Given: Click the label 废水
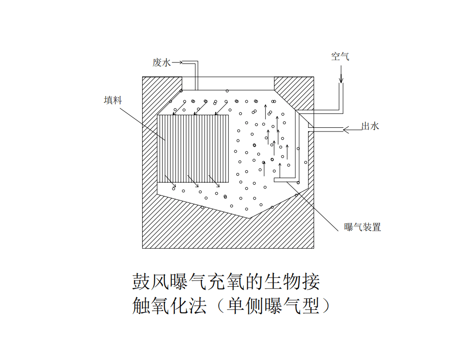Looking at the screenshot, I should coord(161,62).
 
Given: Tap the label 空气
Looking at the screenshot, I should coord(340,57).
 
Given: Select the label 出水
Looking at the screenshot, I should coord(370,126).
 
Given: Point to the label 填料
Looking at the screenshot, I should coord(113,100).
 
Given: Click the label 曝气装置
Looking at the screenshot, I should coord(363,227).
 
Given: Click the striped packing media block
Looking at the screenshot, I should coord(193,148).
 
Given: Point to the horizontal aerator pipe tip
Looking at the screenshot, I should coord(276,180).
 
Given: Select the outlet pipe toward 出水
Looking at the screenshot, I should coord(326,130).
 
